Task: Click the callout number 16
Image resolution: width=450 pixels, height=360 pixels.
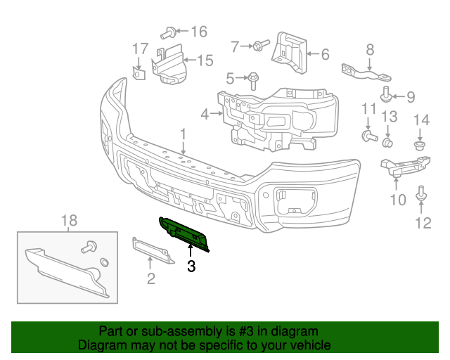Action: pos(199,32)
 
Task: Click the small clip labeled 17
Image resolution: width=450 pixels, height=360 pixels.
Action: pos(139,72)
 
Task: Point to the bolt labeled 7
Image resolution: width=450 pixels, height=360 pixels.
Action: pos(259,46)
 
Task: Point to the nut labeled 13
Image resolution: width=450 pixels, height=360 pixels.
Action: pos(387,142)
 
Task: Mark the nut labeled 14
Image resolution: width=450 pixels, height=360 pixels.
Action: pos(420,146)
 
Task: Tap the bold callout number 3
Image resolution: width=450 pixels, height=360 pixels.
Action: pos(191,266)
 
